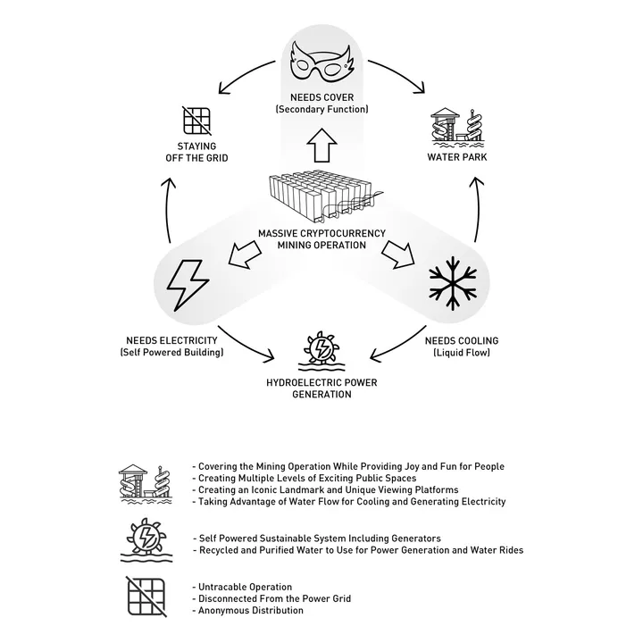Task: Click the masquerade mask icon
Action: point(321,63)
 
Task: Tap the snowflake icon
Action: point(453,283)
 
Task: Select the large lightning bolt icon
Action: point(188,285)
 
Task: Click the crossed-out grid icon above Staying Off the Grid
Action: point(196,121)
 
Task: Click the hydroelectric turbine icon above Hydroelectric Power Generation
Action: point(321,351)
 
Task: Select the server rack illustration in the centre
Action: point(325,196)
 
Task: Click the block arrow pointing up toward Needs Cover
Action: point(321,146)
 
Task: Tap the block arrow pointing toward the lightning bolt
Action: point(245,255)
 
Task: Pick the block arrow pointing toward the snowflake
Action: point(398,255)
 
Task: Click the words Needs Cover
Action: point(321,97)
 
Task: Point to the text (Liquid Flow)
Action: point(462,353)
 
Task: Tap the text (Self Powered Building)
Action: point(171,352)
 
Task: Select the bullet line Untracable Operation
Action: point(242,587)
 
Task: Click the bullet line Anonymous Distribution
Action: point(248,611)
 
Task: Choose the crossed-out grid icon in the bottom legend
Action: point(146,597)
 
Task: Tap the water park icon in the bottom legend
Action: point(146,484)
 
